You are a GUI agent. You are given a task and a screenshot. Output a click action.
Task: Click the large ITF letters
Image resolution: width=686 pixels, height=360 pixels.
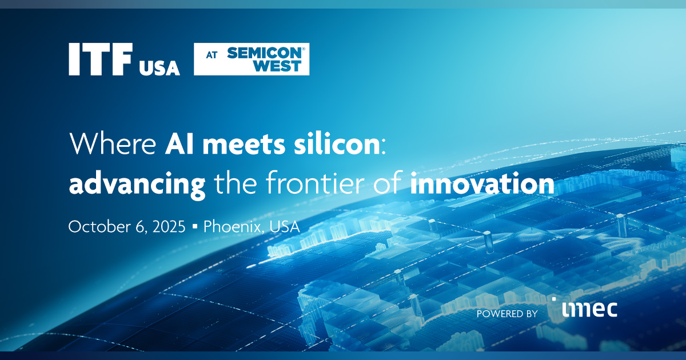(101, 59)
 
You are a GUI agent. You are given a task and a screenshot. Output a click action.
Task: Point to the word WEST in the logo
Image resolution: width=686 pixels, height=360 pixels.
(278, 66)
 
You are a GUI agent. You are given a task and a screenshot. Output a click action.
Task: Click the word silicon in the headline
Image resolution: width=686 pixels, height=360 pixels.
(337, 146)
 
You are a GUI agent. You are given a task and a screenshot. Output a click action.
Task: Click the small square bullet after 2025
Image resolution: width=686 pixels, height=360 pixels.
(195, 227)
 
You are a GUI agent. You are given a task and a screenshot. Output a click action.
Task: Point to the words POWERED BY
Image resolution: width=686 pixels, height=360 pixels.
(506, 313)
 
